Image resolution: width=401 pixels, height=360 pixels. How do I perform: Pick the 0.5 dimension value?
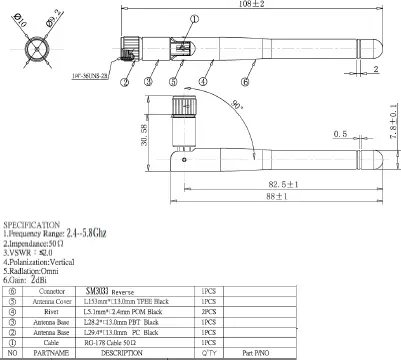click(x=341, y=132)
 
